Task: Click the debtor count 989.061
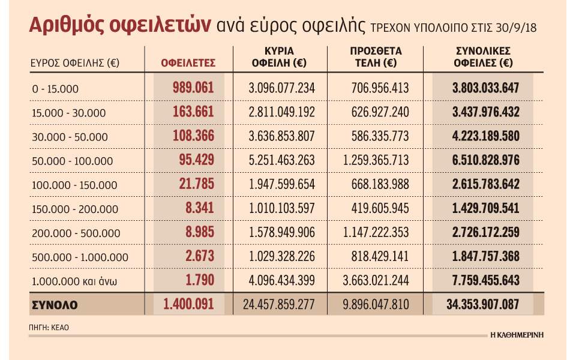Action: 193,88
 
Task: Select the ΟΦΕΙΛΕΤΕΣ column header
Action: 188,62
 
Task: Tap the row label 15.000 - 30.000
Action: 69,113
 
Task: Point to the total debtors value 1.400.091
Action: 188,304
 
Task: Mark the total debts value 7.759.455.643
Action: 485,280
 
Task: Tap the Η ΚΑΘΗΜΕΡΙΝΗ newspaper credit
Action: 515,334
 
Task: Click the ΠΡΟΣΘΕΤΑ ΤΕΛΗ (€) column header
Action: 376,56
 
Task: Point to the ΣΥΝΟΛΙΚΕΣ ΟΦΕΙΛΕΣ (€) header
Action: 483,56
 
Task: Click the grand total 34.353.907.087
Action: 485,304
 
